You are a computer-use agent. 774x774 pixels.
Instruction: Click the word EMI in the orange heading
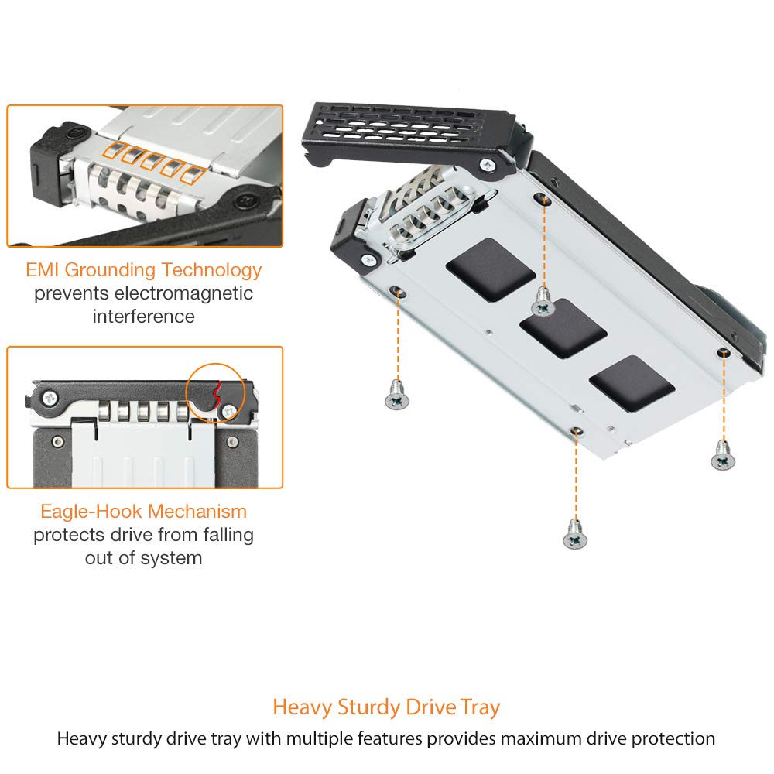tap(43, 270)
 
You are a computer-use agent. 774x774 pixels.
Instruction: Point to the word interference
tap(144, 317)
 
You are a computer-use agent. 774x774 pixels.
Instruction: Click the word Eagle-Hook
tap(92, 512)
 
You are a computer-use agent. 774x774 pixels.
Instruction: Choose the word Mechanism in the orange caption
tap(198, 512)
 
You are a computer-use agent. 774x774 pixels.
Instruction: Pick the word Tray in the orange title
tap(481, 707)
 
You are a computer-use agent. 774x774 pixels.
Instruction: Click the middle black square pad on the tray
tap(563, 328)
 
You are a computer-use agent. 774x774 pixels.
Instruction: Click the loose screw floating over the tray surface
tap(543, 302)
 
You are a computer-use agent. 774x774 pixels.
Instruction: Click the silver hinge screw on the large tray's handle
tap(488, 164)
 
